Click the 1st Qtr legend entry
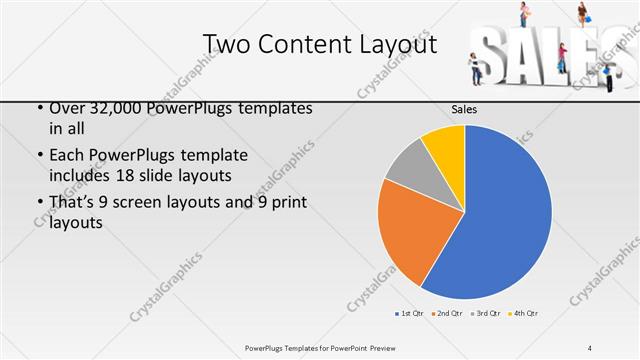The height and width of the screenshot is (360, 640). (409, 314)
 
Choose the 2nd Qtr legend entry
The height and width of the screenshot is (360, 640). (445, 314)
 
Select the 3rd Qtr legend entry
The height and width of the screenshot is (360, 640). (484, 314)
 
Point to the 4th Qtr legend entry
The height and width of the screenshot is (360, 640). (522, 314)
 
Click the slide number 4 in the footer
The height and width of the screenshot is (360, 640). (589, 348)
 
